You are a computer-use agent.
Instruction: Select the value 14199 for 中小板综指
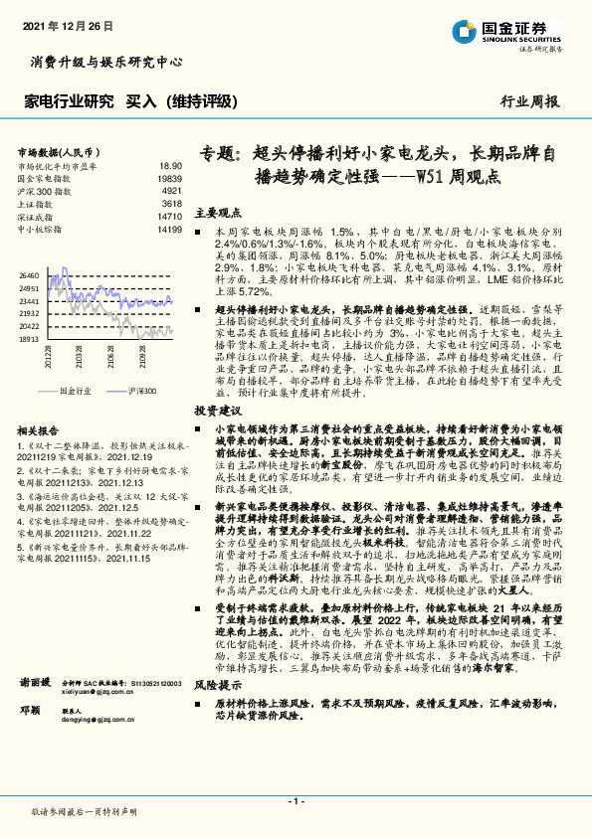pyautogui.click(x=169, y=229)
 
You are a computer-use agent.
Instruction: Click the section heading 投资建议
pyautogui.click(x=218, y=409)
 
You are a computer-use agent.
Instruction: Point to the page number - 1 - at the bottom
pyautogui.click(x=296, y=800)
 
